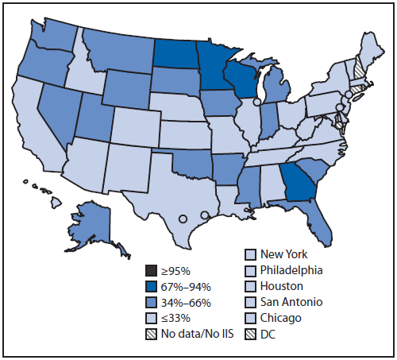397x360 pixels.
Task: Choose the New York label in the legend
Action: pyautogui.click(x=284, y=255)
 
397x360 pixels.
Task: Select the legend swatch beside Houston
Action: pyautogui.click(x=249, y=285)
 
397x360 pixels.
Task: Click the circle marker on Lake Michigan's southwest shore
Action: pyautogui.click(x=256, y=103)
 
